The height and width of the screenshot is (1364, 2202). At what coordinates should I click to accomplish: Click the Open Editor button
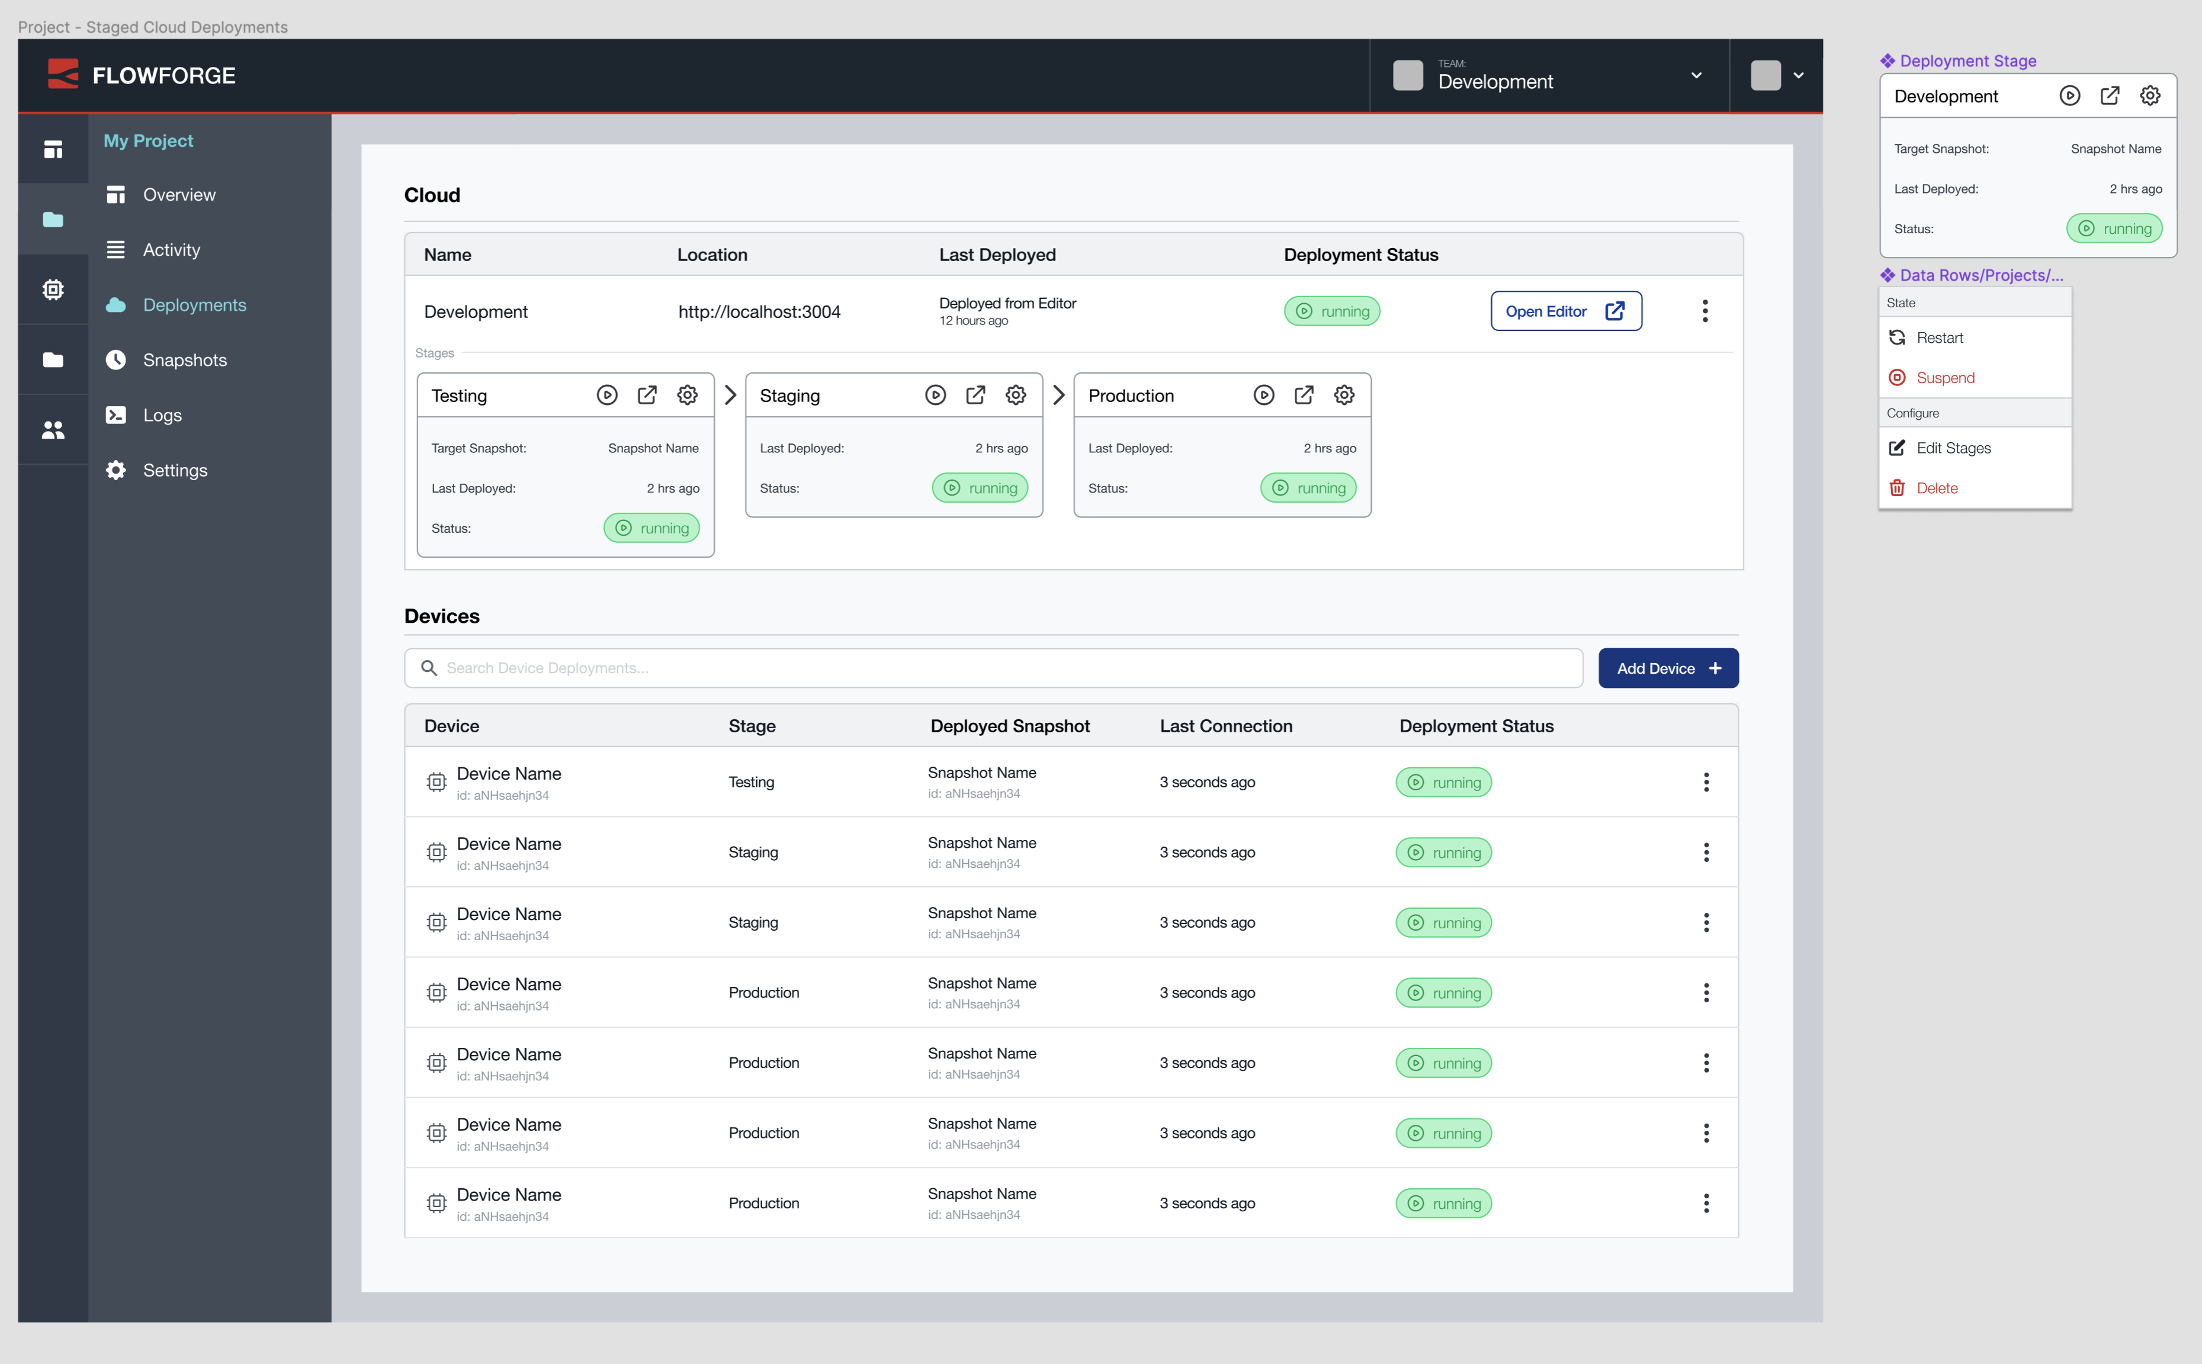point(1565,311)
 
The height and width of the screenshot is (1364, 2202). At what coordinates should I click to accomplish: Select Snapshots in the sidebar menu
point(184,360)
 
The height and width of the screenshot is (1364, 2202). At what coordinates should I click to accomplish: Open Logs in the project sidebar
point(162,415)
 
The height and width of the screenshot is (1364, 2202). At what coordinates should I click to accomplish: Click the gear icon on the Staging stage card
point(1015,395)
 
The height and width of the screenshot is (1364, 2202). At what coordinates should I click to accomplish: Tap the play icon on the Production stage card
point(1263,395)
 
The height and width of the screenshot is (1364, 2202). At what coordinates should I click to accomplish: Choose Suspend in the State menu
point(1945,378)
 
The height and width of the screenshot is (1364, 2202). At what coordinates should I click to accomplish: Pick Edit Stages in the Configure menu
point(1953,448)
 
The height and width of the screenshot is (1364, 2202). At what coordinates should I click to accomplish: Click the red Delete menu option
point(1937,488)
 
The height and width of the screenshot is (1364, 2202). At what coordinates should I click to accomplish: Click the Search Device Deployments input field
point(993,668)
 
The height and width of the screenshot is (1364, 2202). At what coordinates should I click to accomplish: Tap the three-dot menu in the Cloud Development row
point(1704,311)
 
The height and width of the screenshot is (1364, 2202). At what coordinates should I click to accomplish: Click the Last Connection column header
point(1225,726)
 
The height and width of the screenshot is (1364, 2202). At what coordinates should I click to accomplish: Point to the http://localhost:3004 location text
point(759,312)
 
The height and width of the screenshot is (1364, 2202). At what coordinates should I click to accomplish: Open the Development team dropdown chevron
point(1696,76)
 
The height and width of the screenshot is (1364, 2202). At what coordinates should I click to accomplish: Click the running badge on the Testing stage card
point(651,529)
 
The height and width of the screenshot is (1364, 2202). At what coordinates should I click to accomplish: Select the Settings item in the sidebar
point(175,470)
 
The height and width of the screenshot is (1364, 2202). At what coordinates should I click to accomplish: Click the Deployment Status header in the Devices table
point(1475,726)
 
